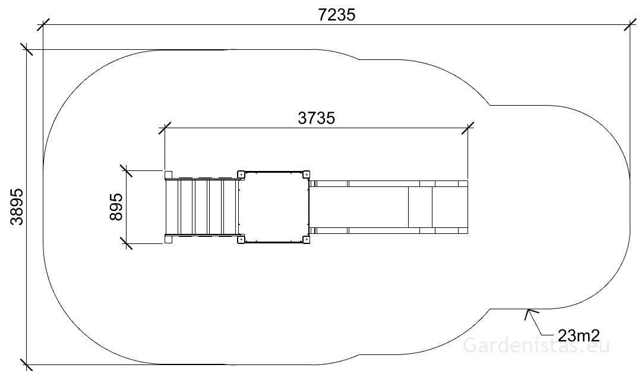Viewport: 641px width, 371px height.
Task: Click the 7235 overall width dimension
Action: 336,15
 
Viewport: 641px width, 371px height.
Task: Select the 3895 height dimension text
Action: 17,207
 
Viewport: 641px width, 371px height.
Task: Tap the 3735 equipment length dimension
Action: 316,119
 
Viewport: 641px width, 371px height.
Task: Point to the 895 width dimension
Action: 116,207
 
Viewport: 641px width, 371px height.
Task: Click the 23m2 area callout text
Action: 579,335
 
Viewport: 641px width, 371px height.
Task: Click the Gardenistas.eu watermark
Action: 536,345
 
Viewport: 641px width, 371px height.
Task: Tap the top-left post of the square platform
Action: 241,175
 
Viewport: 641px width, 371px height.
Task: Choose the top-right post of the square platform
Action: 306,175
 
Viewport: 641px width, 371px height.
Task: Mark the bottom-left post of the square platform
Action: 241,239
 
